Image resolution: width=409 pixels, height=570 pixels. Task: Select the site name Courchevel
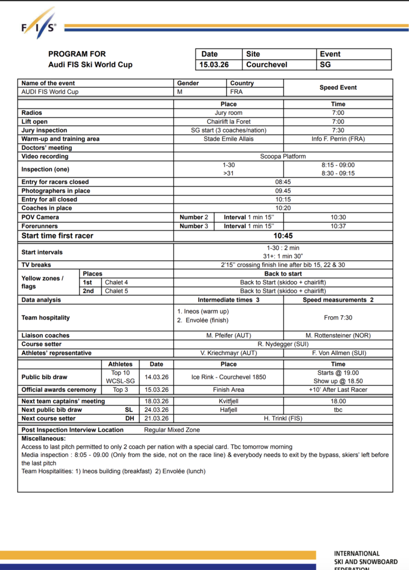pos(267,65)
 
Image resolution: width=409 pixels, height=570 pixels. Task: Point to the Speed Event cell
pos(338,87)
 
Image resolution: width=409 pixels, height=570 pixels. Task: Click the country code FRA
pos(236,92)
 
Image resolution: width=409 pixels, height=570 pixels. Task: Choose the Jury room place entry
pos(228,113)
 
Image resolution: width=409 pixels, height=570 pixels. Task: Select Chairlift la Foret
pos(228,121)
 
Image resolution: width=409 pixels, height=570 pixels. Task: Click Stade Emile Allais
pos(228,139)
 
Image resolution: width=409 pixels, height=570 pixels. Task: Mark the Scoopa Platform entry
pos(283,156)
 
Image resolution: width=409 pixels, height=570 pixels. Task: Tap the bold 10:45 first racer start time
pos(283,235)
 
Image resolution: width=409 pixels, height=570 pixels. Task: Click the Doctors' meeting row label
pos(47,148)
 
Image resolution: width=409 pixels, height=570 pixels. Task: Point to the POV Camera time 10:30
pos(338,217)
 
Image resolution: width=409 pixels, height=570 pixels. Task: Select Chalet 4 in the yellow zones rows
pos(117,282)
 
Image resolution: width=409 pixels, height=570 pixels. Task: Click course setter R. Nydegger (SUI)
pos(283,344)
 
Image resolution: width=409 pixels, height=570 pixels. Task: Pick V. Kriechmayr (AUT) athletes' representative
pos(228,353)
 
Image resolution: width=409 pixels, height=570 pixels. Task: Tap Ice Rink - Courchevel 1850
pos(228,377)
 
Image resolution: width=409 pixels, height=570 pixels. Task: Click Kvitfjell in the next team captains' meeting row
pos(228,401)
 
